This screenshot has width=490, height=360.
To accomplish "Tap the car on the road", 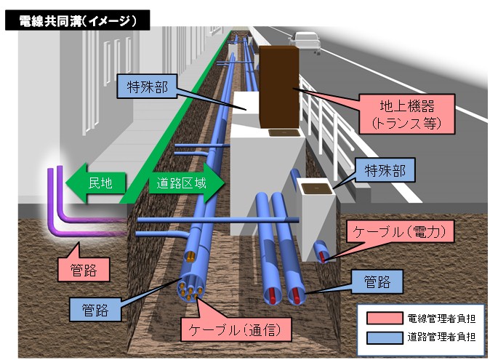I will coord(305,41).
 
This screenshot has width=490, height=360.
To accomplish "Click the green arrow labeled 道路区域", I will coord(182,183).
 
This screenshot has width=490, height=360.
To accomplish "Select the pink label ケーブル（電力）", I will coord(401,232).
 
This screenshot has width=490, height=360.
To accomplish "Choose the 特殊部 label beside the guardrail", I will coord(385,171).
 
